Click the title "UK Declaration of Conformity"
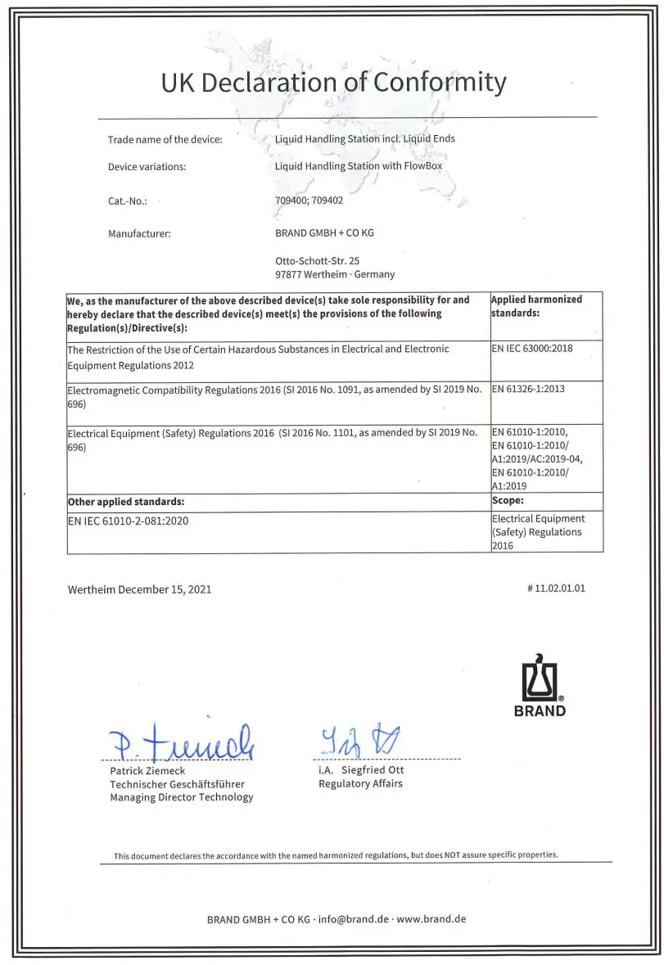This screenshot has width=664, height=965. click(x=332, y=83)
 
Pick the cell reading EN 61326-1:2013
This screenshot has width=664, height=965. click(x=529, y=389)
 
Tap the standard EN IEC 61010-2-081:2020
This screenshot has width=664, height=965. click(x=130, y=521)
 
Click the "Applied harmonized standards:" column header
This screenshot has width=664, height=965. click(x=536, y=305)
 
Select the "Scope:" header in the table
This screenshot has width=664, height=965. click(x=508, y=501)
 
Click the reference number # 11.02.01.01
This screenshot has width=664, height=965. click(x=557, y=588)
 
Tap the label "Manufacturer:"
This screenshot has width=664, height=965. click(x=139, y=234)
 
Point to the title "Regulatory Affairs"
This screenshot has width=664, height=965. click(x=360, y=783)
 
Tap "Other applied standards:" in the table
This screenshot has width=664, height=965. click(x=125, y=502)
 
